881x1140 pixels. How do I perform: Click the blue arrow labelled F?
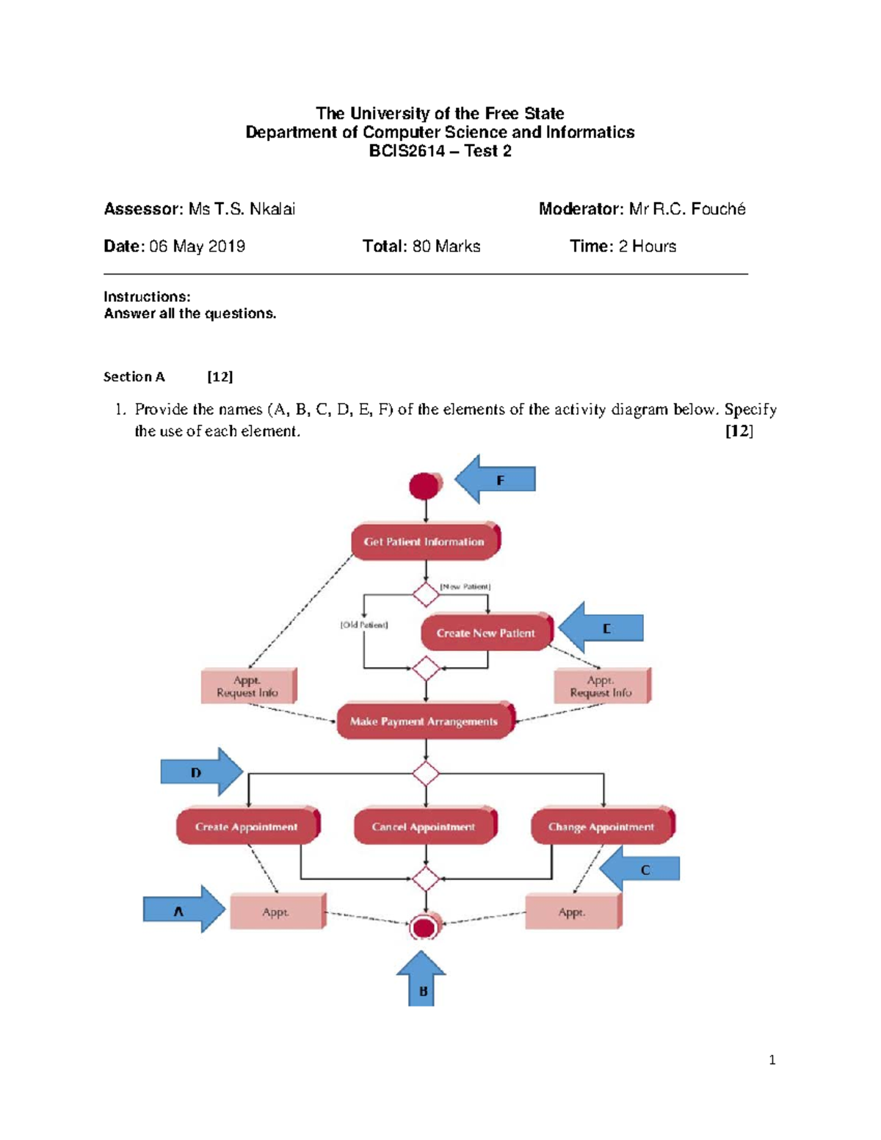pos(496,479)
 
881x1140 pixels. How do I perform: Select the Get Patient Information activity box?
pos(425,542)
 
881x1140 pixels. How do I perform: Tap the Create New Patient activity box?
pos(485,633)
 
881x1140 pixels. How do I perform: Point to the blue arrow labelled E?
pos(602,628)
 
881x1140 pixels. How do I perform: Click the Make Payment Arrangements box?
pos(424,722)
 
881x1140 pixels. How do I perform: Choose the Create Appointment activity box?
pos(247,827)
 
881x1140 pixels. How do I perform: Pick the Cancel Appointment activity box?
pos(424,827)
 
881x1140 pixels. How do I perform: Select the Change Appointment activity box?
pos(601,827)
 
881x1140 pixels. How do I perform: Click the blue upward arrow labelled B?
pos(422,980)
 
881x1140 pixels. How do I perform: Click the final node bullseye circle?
pos(424,927)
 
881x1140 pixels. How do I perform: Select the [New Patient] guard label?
pos(465,587)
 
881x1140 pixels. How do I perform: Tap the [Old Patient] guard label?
pos(363,625)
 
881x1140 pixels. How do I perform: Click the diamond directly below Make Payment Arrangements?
pos(426,774)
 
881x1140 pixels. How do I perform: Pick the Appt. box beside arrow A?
pos(277,912)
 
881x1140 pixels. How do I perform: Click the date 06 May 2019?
pos(197,247)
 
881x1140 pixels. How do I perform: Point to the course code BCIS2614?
pos(407,151)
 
